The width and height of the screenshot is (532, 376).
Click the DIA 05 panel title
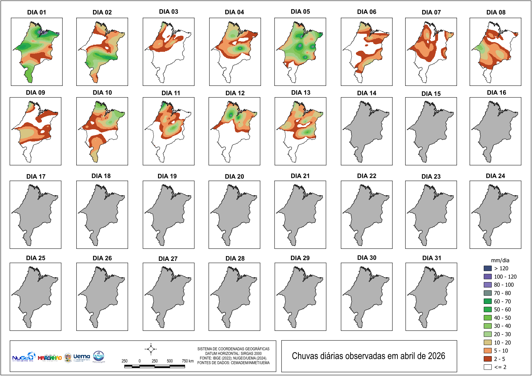[x=300, y=12]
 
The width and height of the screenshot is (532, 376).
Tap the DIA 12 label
[x=235, y=93]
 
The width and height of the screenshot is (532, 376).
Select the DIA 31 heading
[x=432, y=258]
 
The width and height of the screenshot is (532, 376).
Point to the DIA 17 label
[x=36, y=176]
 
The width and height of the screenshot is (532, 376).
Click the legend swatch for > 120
[x=488, y=268]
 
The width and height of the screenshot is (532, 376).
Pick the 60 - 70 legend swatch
[x=488, y=301]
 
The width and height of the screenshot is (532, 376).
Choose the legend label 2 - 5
[x=499, y=359]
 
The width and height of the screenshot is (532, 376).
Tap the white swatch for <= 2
[x=488, y=367]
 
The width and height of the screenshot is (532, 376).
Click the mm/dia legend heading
[x=500, y=261]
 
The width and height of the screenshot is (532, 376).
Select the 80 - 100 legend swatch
[x=488, y=285]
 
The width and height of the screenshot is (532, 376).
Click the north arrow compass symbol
[x=151, y=349]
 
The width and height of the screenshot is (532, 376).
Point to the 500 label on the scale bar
[x=170, y=361]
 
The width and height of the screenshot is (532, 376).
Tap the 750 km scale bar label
[x=188, y=361]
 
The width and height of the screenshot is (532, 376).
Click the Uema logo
[x=81, y=357]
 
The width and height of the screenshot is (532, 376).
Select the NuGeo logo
[x=23, y=357]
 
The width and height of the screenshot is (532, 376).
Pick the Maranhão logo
[x=50, y=358]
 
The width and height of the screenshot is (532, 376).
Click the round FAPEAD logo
[x=98, y=356]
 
